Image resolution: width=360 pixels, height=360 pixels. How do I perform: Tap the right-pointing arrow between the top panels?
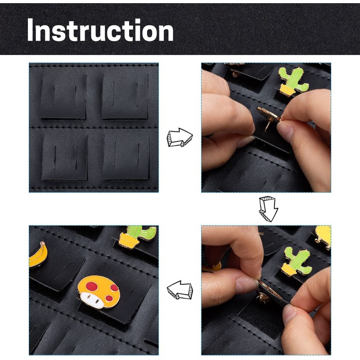tap(180, 137)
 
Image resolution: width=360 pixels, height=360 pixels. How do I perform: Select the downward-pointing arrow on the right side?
tap(268, 208)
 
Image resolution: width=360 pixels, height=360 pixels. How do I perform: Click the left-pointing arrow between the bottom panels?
tap(180, 291)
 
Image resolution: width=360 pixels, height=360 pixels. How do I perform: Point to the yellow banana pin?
tap(38, 254)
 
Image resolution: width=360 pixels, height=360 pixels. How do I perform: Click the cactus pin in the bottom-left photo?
tap(137, 236)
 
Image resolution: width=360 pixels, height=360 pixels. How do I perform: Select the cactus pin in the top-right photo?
tap(293, 81)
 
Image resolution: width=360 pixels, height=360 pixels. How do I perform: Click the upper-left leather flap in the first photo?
tap(63, 96)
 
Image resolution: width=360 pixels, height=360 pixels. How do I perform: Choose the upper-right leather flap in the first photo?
tap(125, 96)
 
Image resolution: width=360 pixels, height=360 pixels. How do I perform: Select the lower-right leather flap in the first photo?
tap(126, 157)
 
